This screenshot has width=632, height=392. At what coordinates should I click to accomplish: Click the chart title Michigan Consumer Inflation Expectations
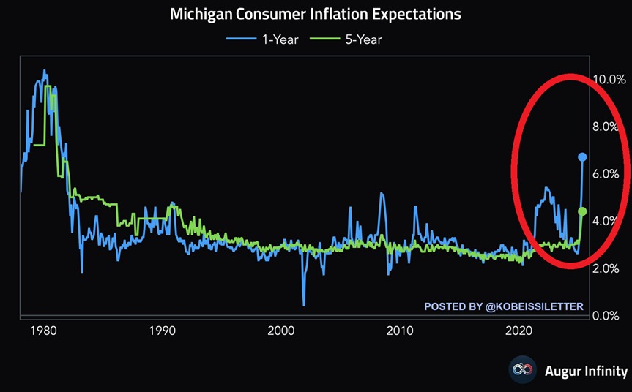(316, 14)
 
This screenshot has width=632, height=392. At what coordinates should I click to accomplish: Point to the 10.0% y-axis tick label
(610, 79)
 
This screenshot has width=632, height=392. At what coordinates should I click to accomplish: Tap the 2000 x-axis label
(280, 330)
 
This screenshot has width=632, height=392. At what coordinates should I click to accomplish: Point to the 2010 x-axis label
(400, 330)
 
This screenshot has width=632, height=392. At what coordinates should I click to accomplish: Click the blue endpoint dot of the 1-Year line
(583, 157)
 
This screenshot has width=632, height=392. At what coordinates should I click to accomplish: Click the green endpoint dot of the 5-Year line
(583, 211)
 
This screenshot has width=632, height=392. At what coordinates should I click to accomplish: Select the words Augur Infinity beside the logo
(586, 370)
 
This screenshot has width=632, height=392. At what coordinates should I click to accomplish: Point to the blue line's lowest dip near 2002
(303, 304)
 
